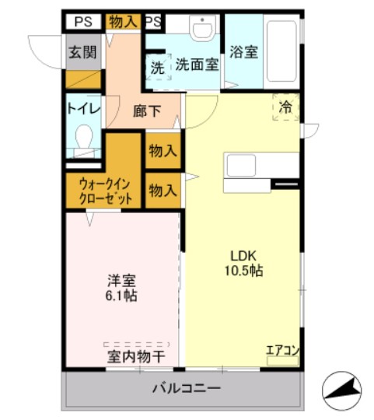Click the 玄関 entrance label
82,53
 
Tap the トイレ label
83,109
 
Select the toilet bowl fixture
82,141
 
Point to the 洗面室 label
196,65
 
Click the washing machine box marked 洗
157,68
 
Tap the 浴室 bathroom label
243,53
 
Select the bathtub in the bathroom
281,53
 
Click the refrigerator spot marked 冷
285,107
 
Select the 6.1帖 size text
122,297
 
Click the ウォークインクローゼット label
104,191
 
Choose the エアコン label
281,349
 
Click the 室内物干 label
136,357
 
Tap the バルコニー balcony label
186,387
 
